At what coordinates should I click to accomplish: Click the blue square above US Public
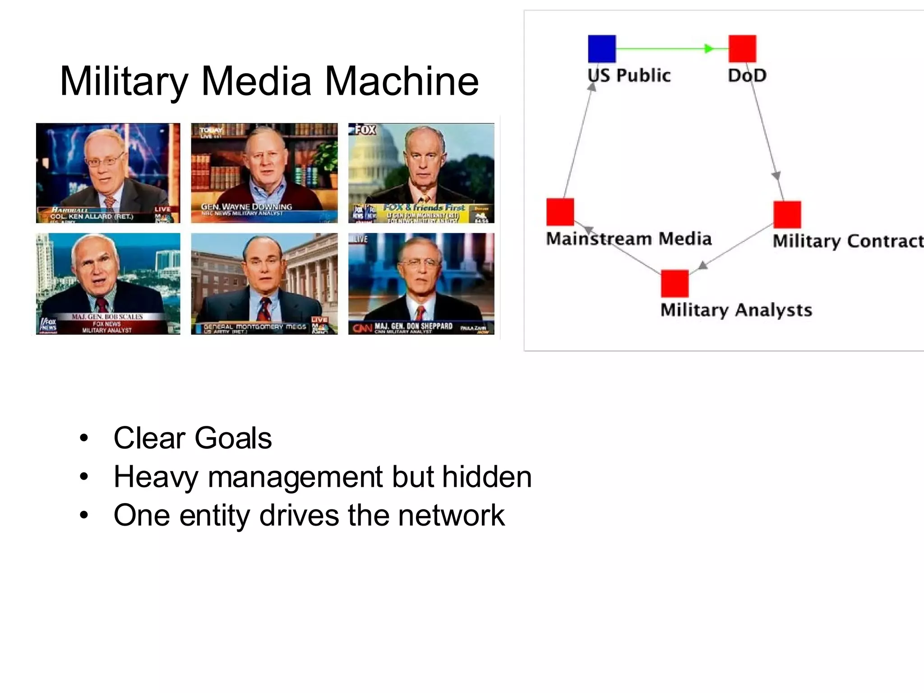tap(602, 49)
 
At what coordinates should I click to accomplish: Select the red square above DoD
tap(742, 49)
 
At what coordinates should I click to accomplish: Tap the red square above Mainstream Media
tap(560, 212)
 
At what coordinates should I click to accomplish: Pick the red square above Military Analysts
tap(675, 283)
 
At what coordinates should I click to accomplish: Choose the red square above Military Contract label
tap(787, 215)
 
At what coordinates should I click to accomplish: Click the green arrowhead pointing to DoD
tap(709, 49)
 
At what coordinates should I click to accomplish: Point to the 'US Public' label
tap(629, 75)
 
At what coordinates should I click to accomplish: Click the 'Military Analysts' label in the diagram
tap(736, 310)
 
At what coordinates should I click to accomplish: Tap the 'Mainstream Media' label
tap(628, 239)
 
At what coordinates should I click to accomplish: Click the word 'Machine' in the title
tap(401, 81)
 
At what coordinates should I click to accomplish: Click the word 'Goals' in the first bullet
tap(233, 438)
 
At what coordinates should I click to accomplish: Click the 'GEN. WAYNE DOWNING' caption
tap(246, 207)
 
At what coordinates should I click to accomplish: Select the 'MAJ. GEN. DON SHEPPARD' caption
tap(413, 326)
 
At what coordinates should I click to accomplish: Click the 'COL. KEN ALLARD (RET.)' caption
tap(92, 217)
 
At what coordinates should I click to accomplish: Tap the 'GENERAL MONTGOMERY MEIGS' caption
tap(254, 326)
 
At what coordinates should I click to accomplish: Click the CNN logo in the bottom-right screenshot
tap(362, 328)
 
